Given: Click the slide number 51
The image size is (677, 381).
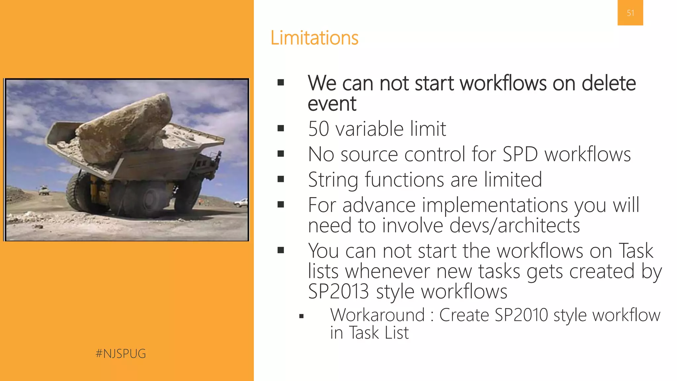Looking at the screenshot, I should click(630, 13).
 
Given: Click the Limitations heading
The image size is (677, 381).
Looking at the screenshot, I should click(314, 38).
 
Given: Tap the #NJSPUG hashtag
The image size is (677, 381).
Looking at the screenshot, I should click(121, 354).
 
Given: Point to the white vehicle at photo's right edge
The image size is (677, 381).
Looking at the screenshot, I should click(242, 202).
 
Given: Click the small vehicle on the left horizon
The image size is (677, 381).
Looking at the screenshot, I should click(44, 191).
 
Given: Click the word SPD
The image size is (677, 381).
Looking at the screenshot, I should click(520, 154).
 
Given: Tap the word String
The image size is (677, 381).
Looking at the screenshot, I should click(333, 180).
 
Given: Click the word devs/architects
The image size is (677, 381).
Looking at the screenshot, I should click(514, 226).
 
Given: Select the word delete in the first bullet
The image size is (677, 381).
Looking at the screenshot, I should click(608, 83).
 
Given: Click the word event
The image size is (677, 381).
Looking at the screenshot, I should click(332, 104).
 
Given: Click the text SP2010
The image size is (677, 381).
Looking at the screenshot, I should click(521, 315).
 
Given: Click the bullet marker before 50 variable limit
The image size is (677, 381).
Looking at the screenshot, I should click(281, 128).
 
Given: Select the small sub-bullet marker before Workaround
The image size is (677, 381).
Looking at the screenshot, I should click(301, 316).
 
